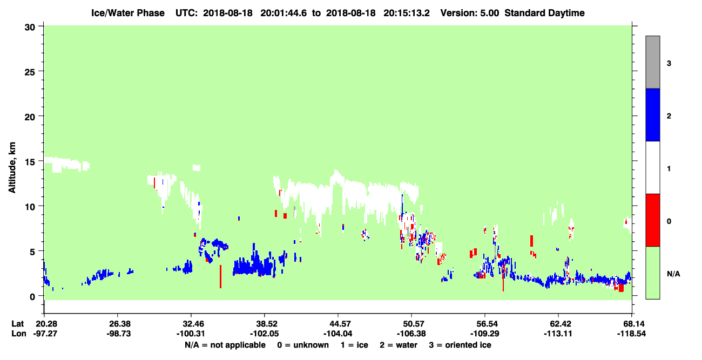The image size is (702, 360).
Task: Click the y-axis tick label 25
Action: (30, 72)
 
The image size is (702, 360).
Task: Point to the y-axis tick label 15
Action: (30, 162)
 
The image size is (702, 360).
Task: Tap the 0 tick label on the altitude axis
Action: (32, 297)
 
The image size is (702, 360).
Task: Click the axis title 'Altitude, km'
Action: (12, 168)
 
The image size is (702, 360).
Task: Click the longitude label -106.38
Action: (411, 334)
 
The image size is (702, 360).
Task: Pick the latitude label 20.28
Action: (46, 324)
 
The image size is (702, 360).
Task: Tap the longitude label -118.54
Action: (631, 334)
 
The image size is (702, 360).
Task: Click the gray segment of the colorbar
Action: (653, 62)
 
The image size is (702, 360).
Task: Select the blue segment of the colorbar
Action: (653, 114)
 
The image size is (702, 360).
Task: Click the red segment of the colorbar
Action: (653, 220)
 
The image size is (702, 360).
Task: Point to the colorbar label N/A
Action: (673, 274)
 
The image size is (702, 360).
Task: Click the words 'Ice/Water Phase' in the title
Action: (128, 13)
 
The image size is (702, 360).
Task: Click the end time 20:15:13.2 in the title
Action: (407, 13)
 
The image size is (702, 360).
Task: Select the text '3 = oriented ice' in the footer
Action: (460, 345)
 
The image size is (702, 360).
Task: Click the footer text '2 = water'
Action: (399, 345)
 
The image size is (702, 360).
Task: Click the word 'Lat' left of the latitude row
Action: (18, 324)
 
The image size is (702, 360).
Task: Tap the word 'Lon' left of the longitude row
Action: (19, 334)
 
